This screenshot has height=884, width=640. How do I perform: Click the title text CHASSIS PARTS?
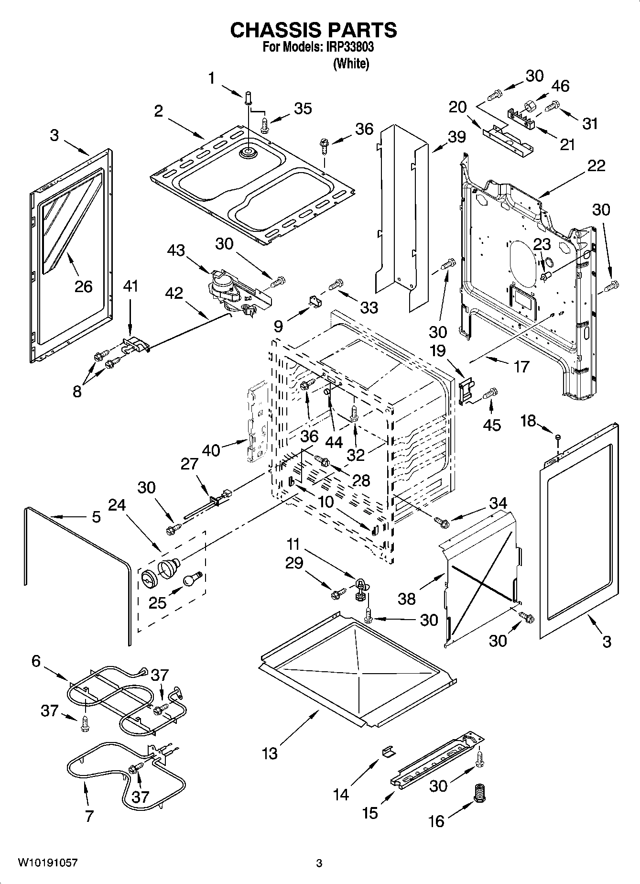click(x=313, y=30)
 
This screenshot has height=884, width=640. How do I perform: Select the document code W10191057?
click(x=47, y=863)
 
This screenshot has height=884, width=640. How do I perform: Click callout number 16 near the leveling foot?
click(x=436, y=821)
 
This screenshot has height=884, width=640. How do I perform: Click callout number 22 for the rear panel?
click(x=596, y=165)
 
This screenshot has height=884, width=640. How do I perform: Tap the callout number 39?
click(x=456, y=137)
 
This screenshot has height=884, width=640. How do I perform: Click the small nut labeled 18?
click(x=558, y=437)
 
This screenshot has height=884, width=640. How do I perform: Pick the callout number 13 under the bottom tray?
click(x=270, y=753)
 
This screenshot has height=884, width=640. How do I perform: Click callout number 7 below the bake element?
click(x=89, y=816)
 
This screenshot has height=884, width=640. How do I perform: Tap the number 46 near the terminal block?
click(x=560, y=86)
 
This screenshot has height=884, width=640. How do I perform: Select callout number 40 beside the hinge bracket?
click(x=211, y=450)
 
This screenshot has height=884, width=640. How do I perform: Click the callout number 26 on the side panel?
click(x=83, y=286)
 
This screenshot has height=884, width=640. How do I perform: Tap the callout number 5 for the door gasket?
click(x=96, y=517)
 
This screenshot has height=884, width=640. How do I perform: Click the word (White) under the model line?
click(x=351, y=63)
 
